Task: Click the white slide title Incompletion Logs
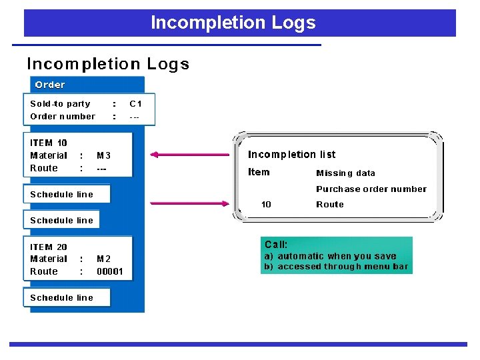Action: [x=233, y=23]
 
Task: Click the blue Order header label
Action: [x=50, y=85]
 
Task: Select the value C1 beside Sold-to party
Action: [x=135, y=103]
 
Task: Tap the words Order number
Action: [x=63, y=116]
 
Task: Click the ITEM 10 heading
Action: [x=49, y=143]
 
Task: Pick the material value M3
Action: [x=103, y=155]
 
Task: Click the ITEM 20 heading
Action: [x=49, y=247]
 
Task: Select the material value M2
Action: [x=103, y=259]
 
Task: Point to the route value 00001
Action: [x=110, y=271]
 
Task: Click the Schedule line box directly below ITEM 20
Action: [x=62, y=297]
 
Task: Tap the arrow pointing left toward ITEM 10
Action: [x=189, y=155]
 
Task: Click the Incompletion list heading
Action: [x=291, y=154]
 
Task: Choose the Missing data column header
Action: [x=345, y=173]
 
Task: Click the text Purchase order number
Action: [x=371, y=189]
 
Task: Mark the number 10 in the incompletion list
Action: [x=266, y=204]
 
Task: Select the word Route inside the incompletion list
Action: [x=329, y=204]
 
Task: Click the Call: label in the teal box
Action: [x=276, y=245]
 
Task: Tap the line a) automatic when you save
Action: [x=330, y=256]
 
